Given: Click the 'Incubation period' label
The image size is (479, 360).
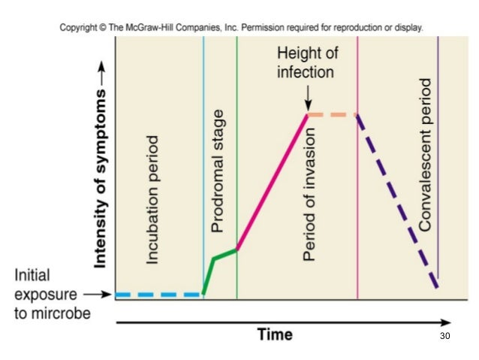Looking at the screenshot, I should pos(152,200).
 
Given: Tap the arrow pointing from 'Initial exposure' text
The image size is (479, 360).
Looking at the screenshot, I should pos(97,295).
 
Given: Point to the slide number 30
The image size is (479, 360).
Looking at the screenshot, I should pos(444,335).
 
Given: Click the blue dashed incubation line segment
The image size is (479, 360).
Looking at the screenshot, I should pos(158,295).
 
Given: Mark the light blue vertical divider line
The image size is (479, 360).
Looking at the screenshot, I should pos(203,150).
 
